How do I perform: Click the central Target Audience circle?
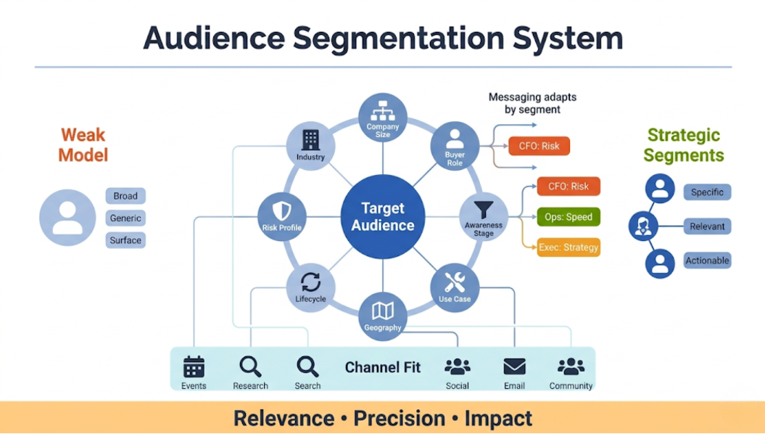pyautogui.click(x=382, y=216)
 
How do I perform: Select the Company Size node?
pyautogui.click(x=383, y=118)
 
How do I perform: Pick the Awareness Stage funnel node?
pyautogui.click(x=484, y=217)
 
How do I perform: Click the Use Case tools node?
pyautogui.click(x=455, y=287)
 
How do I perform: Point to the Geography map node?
pyautogui.click(x=383, y=316)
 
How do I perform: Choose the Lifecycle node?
pyautogui.click(x=310, y=287)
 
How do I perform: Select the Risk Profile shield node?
pyautogui.click(x=281, y=217)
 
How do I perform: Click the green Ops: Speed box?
pyautogui.click(x=568, y=217)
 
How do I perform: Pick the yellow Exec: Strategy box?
pyautogui.click(x=568, y=247)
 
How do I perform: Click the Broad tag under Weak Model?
pyautogui.click(x=125, y=196)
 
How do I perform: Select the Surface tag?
pyautogui.click(x=125, y=240)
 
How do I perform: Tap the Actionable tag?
pyautogui.click(x=707, y=261)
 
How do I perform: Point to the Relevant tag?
pyautogui.click(x=707, y=226)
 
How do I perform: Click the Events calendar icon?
pyautogui.click(x=194, y=367)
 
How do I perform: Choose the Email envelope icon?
pyautogui.click(x=514, y=367)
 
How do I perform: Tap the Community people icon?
pyautogui.click(x=571, y=367)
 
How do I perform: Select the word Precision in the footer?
pyautogui.click(x=399, y=419)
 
